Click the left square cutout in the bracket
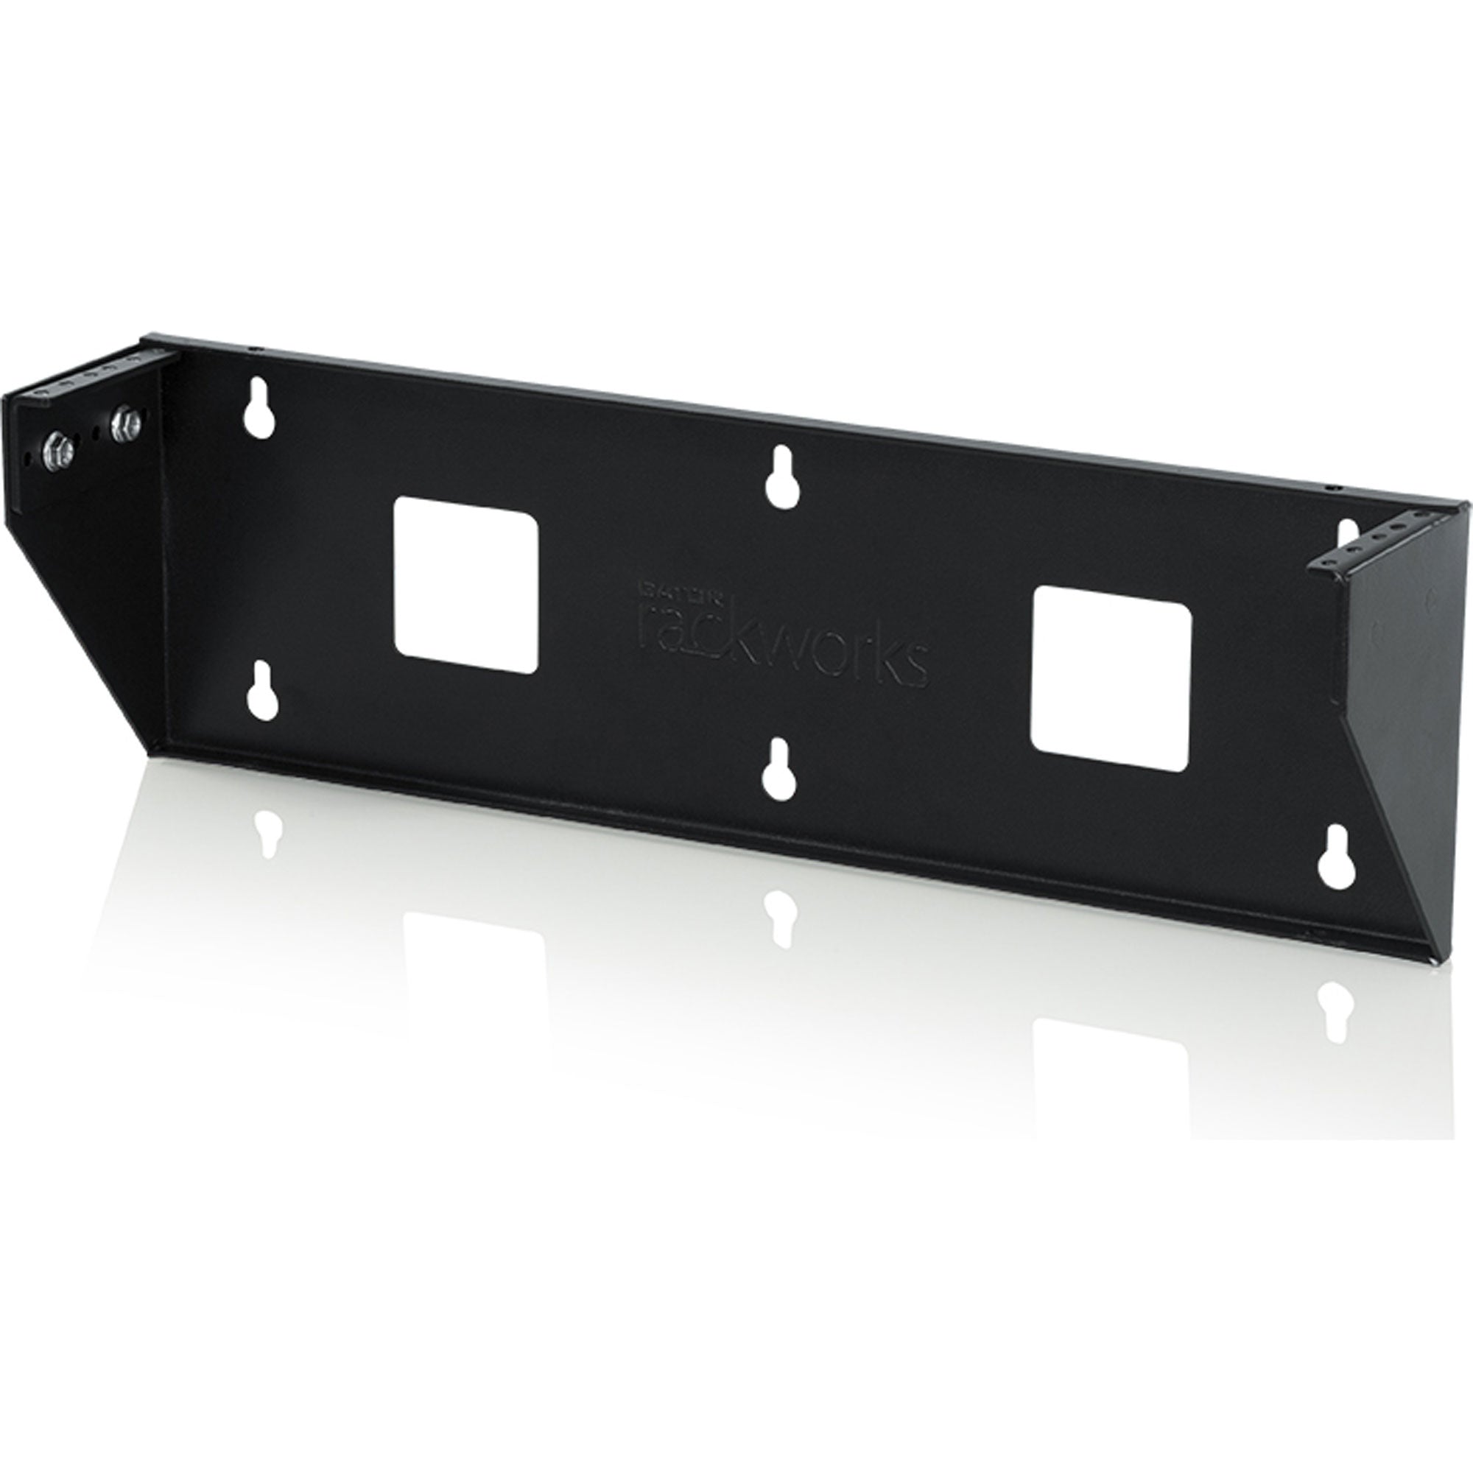[465, 586]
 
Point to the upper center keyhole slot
[781, 477]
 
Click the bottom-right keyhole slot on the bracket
[1335, 857]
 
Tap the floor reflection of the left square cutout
[473, 953]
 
